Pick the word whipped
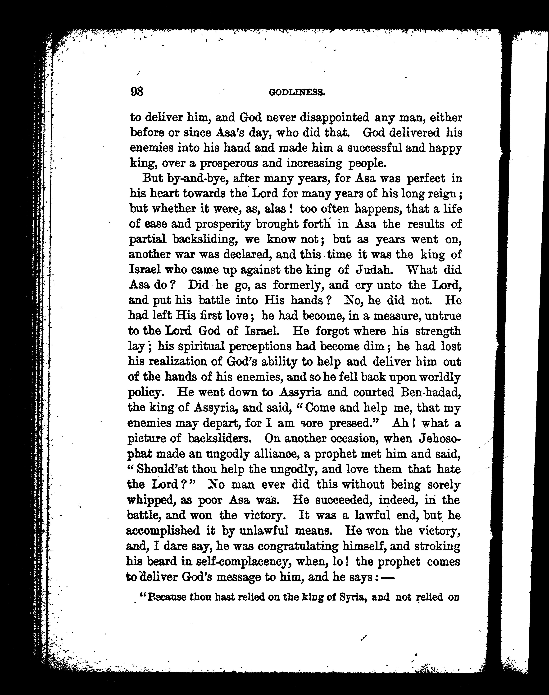(151, 500)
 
